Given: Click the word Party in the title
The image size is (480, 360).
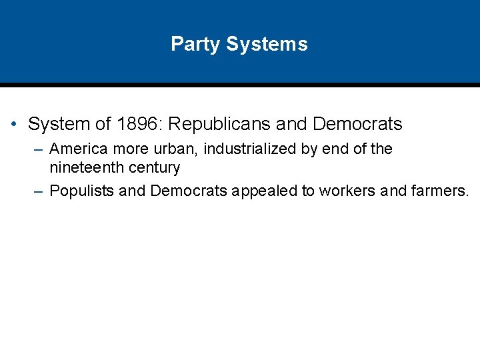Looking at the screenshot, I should [195, 44].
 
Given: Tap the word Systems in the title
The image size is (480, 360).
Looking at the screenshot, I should [267, 44].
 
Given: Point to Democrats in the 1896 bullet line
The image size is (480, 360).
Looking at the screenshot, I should [357, 124].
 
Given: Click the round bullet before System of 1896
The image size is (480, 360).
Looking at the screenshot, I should [14, 125].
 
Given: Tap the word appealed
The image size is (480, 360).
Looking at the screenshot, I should [265, 191].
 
